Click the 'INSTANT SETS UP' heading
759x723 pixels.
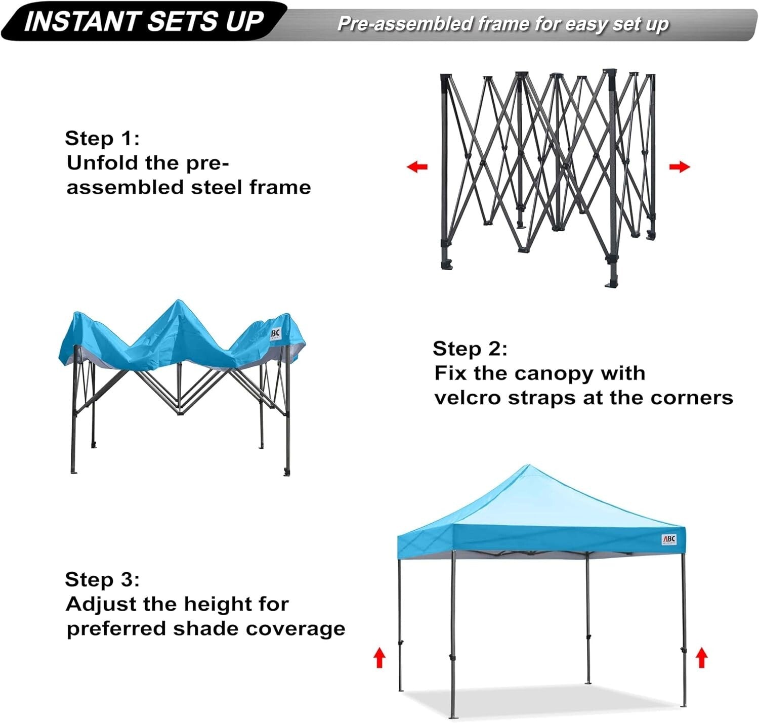pyautogui.click(x=144, y=21)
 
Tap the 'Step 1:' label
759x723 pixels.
pyautogui.click(x=102, y=138)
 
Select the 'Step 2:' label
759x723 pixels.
pyautogui.click(x=470, y=349)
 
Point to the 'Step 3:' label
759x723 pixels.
pyautogui.click(x=102, y=579)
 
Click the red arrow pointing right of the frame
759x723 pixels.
pyautogui.click(x=679, y=166)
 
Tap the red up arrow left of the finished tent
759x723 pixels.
pyautogui.click(x=379, y=658)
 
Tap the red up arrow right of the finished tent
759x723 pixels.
pyautogui.click(x=701, y=658)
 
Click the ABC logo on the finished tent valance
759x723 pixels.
pyautogui.click(x=668, y=540)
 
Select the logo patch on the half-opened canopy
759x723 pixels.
pyautogui.click(x=275, y=334)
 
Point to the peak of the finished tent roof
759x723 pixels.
pyautogui.click(x=528, y=466)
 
